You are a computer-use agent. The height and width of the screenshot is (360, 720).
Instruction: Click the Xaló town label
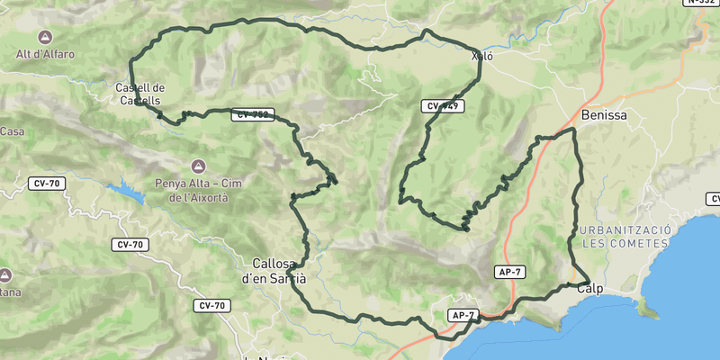[481, 56]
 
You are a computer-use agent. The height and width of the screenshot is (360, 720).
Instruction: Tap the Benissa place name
[604, 115]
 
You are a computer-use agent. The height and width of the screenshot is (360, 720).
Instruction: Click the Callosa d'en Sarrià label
[274, 271]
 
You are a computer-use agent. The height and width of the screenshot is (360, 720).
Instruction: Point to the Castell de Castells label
[139, 94]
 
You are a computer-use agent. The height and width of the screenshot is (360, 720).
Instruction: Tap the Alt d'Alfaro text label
[45, 54]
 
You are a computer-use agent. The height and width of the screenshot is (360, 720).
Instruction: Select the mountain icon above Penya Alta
[198, 166]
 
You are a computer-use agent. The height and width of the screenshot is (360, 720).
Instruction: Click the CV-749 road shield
[442, 106]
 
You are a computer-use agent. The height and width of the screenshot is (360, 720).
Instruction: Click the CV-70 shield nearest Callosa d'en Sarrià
[212, 306]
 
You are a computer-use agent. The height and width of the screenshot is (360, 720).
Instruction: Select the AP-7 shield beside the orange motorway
[509, 271]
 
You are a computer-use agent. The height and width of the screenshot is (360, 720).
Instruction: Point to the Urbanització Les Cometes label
[625, 237]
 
